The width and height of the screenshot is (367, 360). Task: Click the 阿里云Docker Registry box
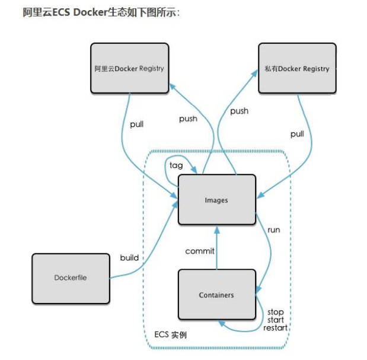pyautogui.click(x=129, y=68)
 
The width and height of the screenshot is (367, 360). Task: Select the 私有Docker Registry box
pyautogui.click(x=297, y=68)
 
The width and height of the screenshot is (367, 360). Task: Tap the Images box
pyautogui.click(x=216, y=200)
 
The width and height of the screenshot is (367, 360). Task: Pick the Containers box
pyautogui.click(x=216, y=295)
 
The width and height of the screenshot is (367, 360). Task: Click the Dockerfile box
pyautogui.click(x=71, y=277)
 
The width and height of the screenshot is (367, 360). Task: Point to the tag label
pyautogui.click(x=176, y=165)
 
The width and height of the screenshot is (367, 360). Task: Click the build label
pyautogui.click(x=129, y=257)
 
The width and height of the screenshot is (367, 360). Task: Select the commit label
pyautogui.click(x=200, y=251)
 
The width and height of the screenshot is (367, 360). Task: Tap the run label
pyautogui.click(x=273, y=229)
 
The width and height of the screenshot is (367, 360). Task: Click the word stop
pyautogui.click(x=276, y=312)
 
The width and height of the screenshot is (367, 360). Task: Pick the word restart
pyautogui.click(x=276, y=327)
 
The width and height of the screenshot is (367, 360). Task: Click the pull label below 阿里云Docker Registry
pyautogui.click(x=136, y=125)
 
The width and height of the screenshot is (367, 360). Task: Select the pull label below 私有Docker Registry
pyautogui.click(x=297, y=134)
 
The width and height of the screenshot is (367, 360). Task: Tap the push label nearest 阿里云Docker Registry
pyautogui.click(x=188, y=119)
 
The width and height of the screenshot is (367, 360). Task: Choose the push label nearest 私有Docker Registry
pyautogui.click(x=239, y=111)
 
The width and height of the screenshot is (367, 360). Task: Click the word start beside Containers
pyautogui.click(x=276, y=320)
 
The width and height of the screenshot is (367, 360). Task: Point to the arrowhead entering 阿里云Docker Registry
pyautogui.click(x=172, y=87)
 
